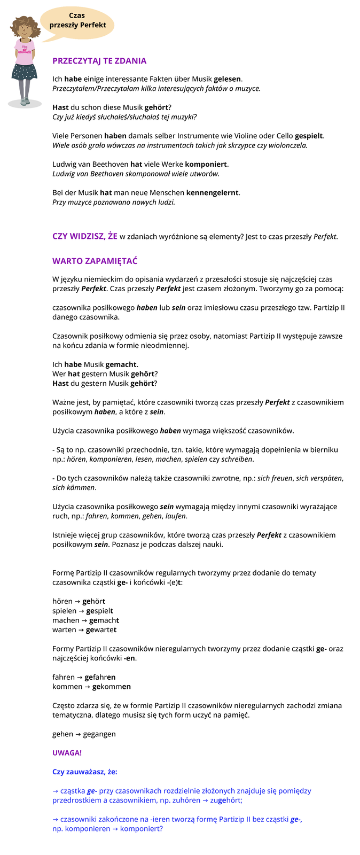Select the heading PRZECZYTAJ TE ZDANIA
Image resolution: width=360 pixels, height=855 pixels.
99,61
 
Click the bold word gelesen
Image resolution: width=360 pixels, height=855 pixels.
228,79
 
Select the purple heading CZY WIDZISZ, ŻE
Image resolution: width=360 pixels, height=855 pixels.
85,236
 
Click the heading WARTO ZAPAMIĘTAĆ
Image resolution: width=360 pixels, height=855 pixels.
95,261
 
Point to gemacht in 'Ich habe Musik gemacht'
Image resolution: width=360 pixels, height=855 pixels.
121,364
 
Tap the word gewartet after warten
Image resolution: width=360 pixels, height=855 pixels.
101,630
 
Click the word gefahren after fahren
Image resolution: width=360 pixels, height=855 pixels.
100,677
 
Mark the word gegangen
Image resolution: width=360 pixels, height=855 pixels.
99,734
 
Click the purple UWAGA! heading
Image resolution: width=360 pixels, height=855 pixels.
67,753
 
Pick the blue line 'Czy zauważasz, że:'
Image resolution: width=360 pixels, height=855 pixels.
85,772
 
